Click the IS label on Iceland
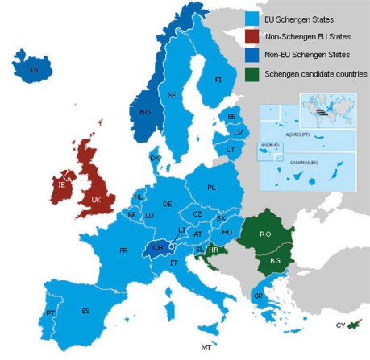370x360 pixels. point(34,71)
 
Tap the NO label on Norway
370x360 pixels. point(145,112)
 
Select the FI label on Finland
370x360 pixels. point(218,81)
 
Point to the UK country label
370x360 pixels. point(96,198)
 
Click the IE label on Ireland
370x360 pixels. point(62,184)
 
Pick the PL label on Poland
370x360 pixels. point(212,187)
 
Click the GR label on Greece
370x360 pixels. point(257,296)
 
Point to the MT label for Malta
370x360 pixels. point(206,347)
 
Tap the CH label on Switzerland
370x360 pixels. point(158,248)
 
